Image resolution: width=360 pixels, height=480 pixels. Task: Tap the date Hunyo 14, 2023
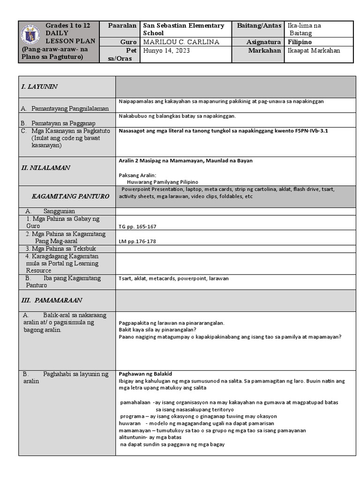pos(166,51)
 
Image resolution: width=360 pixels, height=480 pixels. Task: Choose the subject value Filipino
pos(300,42)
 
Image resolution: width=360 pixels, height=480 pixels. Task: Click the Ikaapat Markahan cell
pos(314,51)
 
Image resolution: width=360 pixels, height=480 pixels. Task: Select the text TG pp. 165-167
pos(137,226)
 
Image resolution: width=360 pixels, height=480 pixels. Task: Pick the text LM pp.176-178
pos(137,241)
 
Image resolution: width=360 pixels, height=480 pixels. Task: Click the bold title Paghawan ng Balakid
pos(146,374)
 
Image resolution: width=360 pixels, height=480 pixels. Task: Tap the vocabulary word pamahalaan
pos(135,402)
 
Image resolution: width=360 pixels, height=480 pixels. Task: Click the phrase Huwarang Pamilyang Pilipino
pos(163,181)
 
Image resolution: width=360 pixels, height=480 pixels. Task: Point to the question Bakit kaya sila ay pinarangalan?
pos(157,330)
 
